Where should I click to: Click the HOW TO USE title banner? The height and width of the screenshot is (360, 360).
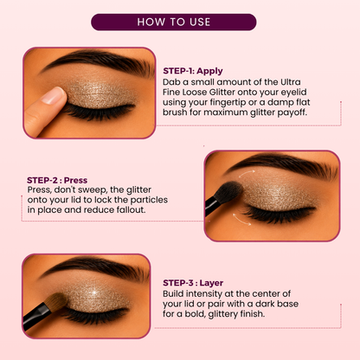(x=174, y=22)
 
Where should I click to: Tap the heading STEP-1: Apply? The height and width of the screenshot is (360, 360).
(x=193, y=71)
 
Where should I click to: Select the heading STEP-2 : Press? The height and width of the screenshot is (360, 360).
(x=57, y=180)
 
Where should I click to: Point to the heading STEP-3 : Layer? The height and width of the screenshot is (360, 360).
(x=193, y=283)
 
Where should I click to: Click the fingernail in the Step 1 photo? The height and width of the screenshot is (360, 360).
(x=53, y=95)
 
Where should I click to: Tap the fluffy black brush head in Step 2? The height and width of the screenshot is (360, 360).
(x=228, y=192)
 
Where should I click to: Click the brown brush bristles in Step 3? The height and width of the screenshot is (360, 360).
(x=56, y=302)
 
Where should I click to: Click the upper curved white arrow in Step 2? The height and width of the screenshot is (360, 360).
(x=246, y=173)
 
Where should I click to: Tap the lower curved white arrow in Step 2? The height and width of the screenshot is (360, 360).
(x=241, y=220)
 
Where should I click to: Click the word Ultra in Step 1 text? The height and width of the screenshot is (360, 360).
(x=291, y=82)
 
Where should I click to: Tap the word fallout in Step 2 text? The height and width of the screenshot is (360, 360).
(x=131, y=209)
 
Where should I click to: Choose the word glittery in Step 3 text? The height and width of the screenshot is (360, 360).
(x=222, y=314)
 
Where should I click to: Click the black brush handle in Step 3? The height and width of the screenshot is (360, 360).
(x=35, y=316)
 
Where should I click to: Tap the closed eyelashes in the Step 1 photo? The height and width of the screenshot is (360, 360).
(x=97, y=112)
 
